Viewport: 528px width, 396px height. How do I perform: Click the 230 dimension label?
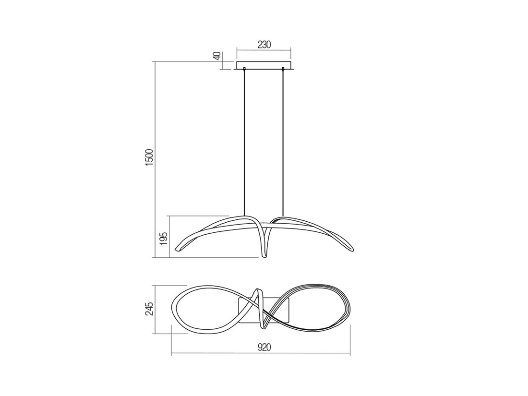(x=264, y=45)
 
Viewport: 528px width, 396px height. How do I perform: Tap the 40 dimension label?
(x=217, y=56)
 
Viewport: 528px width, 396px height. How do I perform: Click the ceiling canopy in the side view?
(x=264, y=65)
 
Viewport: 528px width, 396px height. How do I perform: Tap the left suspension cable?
(x=245, y=144)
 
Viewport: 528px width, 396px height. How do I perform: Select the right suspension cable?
(x=283, y=144)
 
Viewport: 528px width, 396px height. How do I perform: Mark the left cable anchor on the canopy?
(x=245, y=69)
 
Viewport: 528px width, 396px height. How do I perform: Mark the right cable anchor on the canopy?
(x=283, y=69)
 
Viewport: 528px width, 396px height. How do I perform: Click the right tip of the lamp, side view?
(x=353, y=250)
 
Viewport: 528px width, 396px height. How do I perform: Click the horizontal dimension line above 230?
(x=264, y=50)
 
